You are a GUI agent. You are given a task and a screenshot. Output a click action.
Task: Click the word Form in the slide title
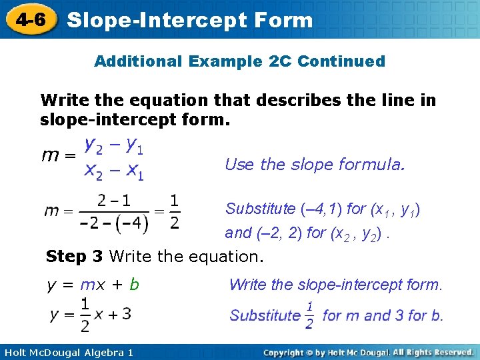(283, 20)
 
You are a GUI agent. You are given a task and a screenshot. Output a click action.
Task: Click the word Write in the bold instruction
(63, 101)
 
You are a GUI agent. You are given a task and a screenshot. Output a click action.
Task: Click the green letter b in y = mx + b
(135, 285)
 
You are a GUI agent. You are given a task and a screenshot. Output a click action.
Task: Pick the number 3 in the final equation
(126, 314)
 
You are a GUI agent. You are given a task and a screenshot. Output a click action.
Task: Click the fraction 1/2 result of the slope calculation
(174, 211)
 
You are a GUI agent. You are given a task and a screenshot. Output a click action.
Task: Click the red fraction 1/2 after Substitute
(309, 315)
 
